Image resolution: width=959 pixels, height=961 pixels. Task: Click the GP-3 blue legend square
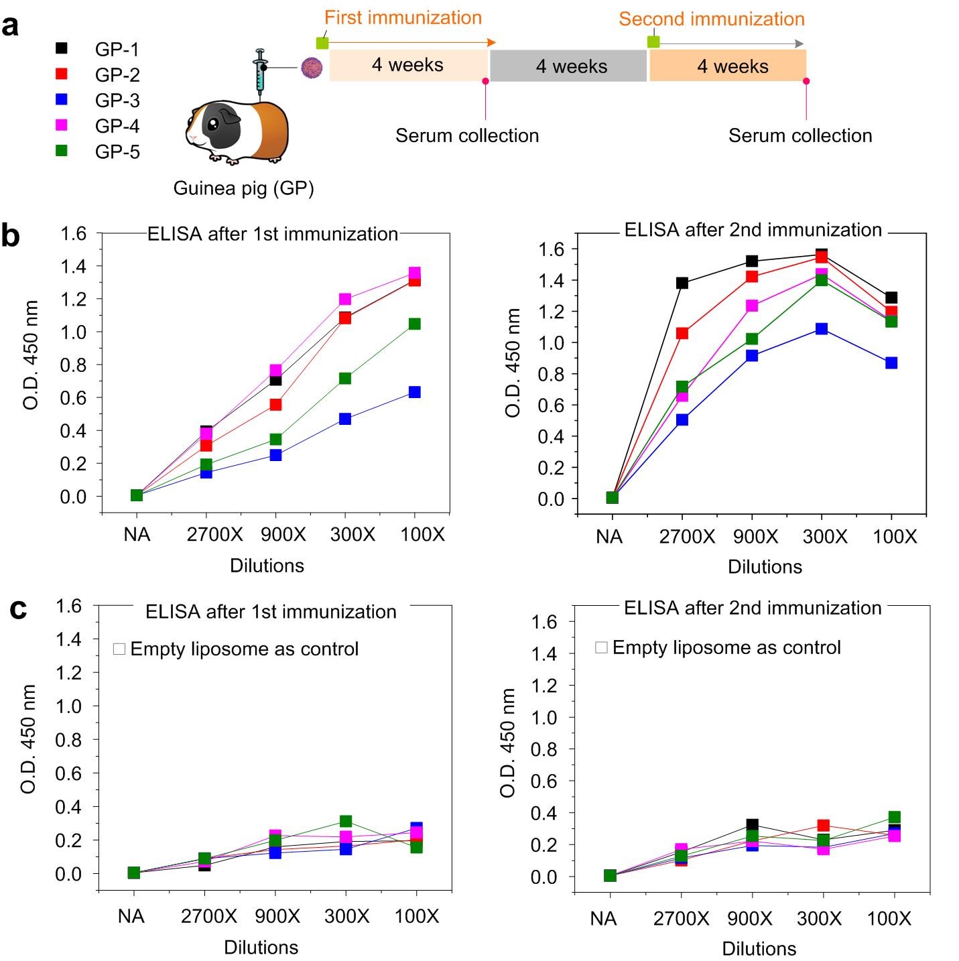[x=61, y=99]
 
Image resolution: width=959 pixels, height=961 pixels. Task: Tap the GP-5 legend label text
[x=117, y=152]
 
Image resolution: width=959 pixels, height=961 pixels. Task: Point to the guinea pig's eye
[x=212, y=125]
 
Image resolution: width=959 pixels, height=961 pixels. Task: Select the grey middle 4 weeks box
[x=569, y=66]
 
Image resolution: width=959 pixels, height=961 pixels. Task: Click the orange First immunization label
[x=403, y=18]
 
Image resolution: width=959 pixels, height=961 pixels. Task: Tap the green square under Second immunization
[x=653, y=42]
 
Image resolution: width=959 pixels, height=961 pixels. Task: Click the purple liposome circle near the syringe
[x=312, y=68]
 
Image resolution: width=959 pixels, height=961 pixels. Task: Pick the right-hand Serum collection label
[x=800, y=136]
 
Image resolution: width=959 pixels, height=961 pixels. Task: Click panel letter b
[x=11, y=236]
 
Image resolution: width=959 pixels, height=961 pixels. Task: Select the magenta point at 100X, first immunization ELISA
[x=414, y=273]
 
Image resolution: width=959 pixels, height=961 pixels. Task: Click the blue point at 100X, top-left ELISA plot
[x=414, y=392]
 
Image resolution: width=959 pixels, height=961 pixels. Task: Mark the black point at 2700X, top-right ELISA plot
[x=682, y=283]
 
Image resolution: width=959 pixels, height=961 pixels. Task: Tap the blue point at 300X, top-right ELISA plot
[x=822, y=328]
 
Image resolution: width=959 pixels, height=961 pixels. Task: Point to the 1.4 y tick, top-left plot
[x=74, y=267]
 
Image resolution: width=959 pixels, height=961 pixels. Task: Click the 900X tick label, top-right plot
[x=755, y=537]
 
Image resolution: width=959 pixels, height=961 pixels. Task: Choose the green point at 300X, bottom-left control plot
[x=346, y=821]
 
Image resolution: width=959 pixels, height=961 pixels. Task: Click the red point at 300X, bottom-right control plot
[x=823, y=826]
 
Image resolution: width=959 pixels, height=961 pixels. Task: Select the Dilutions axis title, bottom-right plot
[x=759, y=948]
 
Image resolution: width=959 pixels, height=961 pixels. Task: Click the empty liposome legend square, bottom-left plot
[x=119, y=649]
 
